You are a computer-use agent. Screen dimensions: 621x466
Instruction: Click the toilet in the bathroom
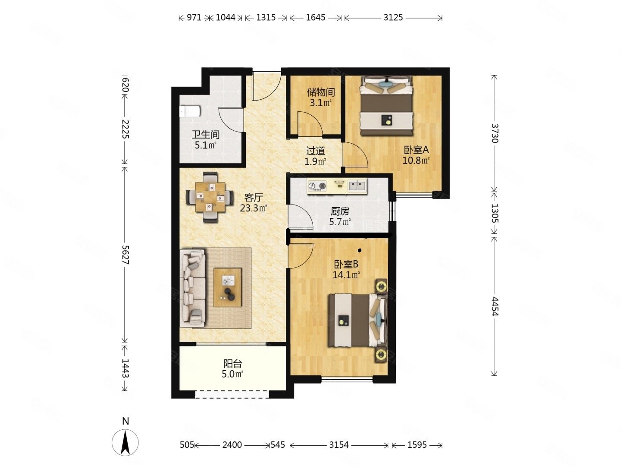(190, 111)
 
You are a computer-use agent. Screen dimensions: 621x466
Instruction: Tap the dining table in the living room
(210, 197)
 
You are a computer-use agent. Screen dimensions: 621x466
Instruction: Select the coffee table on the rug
(227, 287)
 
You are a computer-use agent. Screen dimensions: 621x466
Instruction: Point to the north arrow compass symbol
(125, 443)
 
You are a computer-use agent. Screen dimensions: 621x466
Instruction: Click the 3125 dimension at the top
(393, 18)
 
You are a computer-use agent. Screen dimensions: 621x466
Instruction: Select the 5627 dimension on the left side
(125, 255)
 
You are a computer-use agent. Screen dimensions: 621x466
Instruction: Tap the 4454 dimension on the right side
(495, 306)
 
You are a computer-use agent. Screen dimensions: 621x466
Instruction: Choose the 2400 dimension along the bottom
(232, 445)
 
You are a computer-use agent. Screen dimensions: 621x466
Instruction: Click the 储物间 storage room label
(321, 92)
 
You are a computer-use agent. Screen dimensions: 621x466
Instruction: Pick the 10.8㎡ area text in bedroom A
(416, 161)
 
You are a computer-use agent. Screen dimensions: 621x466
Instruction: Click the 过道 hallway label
(315, 151)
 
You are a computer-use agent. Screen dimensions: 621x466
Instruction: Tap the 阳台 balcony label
(232, 364)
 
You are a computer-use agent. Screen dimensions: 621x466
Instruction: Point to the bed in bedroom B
(357, 321)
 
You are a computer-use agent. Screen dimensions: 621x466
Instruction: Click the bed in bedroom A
(386, 106)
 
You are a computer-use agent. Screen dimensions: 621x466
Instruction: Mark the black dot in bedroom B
(360, 250)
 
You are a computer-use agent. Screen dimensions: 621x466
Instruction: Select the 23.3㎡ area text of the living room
(254, 208)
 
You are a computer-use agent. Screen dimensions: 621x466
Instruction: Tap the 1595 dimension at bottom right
(417, 445)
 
